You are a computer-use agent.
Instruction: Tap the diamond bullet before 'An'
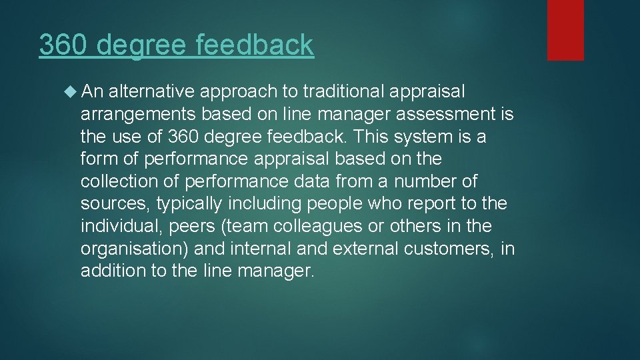[72, 91]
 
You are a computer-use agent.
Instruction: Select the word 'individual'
[123, 226]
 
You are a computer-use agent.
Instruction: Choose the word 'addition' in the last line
[109, 271]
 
